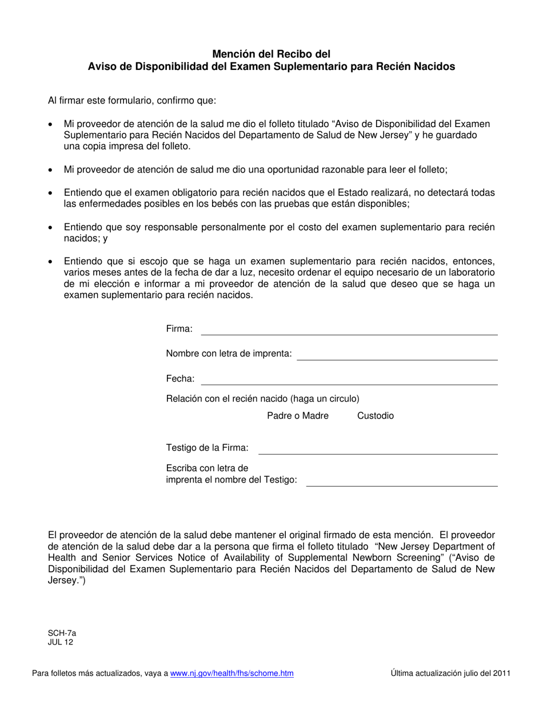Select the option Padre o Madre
point(298,416)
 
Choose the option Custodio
point(376,416)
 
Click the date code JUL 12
point(60,642)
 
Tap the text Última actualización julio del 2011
point(451,674)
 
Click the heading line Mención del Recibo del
point(271,54)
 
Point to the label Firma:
point(179,329)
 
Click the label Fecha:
point(180,379)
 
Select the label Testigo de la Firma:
point(207,448)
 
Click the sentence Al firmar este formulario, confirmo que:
point(132,101)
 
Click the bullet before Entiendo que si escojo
point(51,262)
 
